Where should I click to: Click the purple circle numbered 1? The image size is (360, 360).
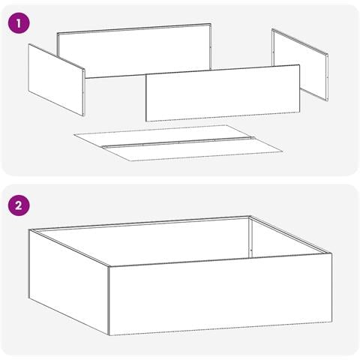click(19, 23)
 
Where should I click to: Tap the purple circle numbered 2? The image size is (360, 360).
click(19, 205)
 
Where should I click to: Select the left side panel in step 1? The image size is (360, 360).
click(56, 80)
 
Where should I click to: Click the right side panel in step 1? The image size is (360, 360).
click(300, 64)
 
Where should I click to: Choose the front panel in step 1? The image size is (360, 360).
click(223, 93)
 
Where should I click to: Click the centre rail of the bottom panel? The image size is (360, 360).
click(179, 142)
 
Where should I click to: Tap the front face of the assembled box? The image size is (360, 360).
click(220, 295)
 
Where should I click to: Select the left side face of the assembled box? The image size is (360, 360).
click(69, 282)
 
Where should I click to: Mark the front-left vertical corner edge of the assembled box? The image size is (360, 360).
click(109, 301)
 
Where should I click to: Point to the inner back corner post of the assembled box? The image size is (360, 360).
click(250, 237)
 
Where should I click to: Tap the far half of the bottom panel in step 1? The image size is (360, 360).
click(163, 135)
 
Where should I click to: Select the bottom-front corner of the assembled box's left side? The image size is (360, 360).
click(109, 335)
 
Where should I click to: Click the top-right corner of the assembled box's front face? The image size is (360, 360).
click(331, 253)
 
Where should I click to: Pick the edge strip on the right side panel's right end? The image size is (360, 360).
click(327, 77)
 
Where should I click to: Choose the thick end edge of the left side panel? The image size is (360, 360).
click(84, 92)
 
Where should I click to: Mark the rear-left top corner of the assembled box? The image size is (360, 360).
click(29, 229)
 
